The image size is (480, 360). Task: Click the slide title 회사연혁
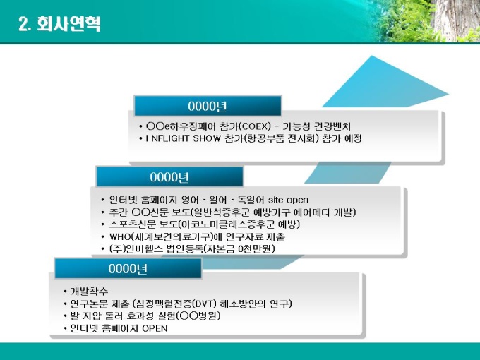[x=68, y=23]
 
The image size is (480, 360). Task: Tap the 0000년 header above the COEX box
[x=208, y=106]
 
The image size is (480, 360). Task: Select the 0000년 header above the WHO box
[x=169, y=177]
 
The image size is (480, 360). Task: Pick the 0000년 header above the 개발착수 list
[x=128, y=269]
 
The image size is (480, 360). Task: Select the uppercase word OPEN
[x=155, y=328]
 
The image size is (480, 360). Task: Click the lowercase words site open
[x=288, y=200]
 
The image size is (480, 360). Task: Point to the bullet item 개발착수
[x=89, y=291]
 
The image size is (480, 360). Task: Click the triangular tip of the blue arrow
[x=448, y=95]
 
